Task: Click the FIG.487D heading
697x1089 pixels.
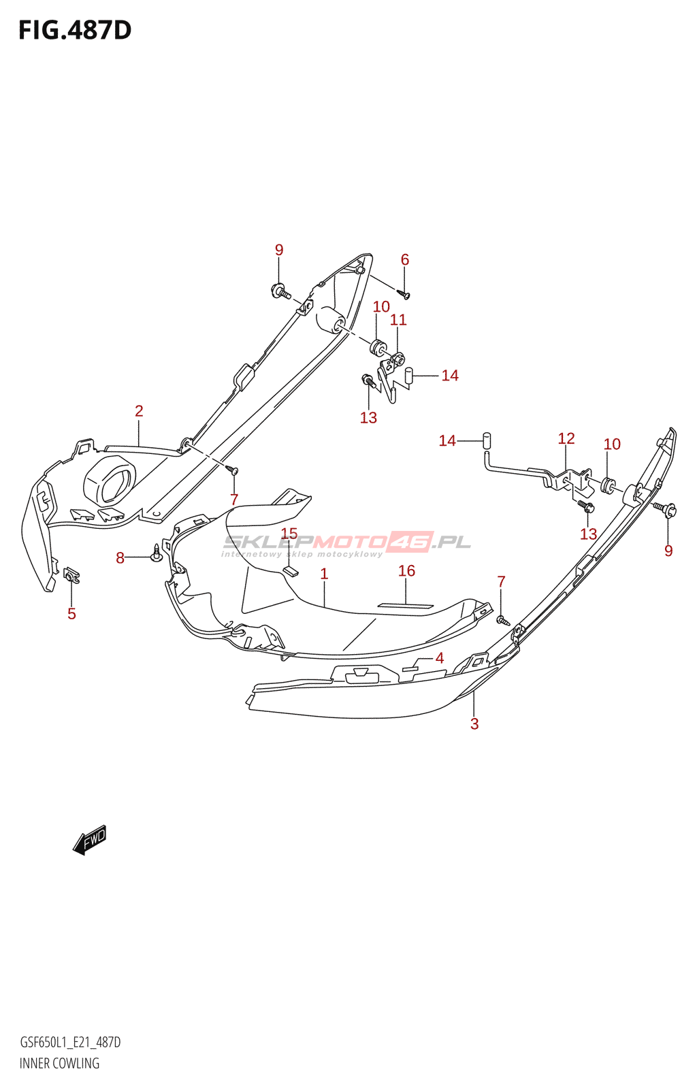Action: tap(75, 31)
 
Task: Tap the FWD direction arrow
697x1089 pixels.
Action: tap(90, 839)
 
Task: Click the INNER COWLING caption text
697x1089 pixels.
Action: tap(59, 1063)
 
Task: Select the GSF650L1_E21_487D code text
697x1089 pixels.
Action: tap(70, 1042)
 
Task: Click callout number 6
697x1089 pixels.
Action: tap(405, 259)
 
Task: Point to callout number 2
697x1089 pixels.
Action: tap(139, 410)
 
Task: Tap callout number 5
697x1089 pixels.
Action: tap(71, 614)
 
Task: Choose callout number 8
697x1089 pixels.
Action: tap(120, 558)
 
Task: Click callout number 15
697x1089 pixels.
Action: tap(289, 534)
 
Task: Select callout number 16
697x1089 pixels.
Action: tap(406, 570)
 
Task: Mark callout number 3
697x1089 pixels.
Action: tap(474, 724)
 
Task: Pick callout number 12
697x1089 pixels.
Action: tap(566, 438)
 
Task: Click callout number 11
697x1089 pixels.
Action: tap(398, 319)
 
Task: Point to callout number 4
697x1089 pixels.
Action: tap(440, 657)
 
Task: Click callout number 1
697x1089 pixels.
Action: tap(324, 574)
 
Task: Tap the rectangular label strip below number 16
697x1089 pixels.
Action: tap(406, 606)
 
